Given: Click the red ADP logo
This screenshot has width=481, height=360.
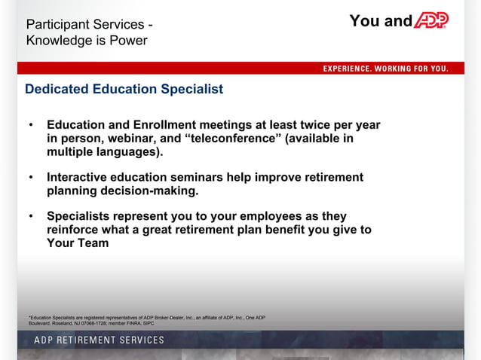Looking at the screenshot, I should (430, 21).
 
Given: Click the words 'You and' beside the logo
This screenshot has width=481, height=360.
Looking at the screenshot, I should (381, 21).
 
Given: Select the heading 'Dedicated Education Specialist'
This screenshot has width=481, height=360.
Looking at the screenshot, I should (124, 89).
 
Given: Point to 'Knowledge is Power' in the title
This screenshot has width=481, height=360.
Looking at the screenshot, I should (87, 40).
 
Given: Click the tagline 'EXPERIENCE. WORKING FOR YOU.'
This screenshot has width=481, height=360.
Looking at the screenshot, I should (386, 69).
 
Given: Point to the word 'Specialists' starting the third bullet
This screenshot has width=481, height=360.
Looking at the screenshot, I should (81, 216).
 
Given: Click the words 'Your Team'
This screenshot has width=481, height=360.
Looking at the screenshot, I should (78, 243).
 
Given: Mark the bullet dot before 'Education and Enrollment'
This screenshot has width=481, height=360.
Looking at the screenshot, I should (30, 125).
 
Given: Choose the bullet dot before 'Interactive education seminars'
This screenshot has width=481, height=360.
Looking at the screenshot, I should (30, 178).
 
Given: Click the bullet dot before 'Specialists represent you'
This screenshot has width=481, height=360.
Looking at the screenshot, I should (30, 217).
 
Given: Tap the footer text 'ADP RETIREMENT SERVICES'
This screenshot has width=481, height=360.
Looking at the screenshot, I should (99, 340).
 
